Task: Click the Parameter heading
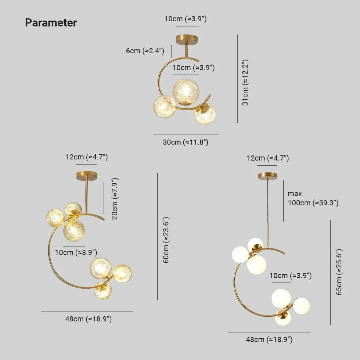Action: pyautogui.click(x=51, y=23)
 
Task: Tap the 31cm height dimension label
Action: pyautogui.click(x=245, y=82)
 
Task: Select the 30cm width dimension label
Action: pyautogui.click(x=186, y=142)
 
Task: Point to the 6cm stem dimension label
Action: pyautogui.click(x=145, y=51)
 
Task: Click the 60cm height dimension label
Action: pyautogui.click(x=166, y=240)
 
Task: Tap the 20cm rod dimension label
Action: pyautogui.click(x=115, y=199)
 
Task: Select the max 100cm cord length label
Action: pyautogui.click(x=313, y=198)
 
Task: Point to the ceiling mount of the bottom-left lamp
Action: pyautogui.click(x=87, y=176)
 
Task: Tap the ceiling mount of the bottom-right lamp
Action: pyautogui.click(x=267, y=176)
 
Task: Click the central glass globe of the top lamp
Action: pyautogui.click(x=186, y=91)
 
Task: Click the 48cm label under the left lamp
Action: pyautogui.click(x=88, y=319)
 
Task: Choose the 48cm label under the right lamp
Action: pyautogui.click(x=269, y=339)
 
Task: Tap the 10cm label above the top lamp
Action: pyautogui.click(x=185, y=19)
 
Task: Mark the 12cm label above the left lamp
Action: pyautogui.click(x=87, y=157)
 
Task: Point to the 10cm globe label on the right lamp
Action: pyautogui.click(x=290, y=276)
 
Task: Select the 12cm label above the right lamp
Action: pyautogui.click(x=267, y=158)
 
